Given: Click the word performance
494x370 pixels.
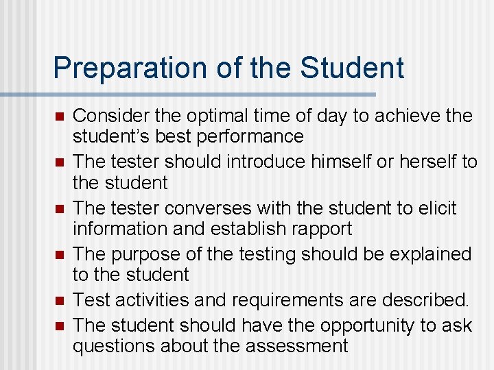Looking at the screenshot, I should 250,136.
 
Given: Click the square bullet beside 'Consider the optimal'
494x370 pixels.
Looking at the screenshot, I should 60,116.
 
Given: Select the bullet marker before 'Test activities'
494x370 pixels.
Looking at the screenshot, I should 60,300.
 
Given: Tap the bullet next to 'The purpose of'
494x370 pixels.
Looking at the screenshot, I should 60,254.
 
